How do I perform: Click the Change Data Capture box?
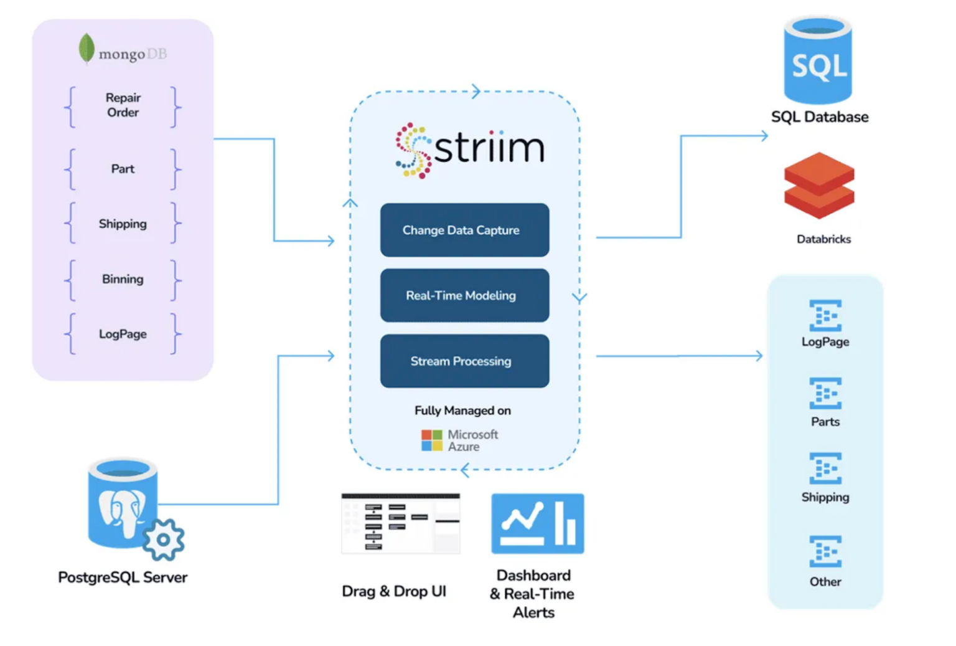click(464, 230)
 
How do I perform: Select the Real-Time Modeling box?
click(464, 295)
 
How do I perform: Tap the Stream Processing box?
click(464, 361)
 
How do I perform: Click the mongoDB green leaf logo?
click(87, 49)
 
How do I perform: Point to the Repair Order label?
click(123, 105)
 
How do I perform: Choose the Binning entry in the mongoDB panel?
click(123, 279)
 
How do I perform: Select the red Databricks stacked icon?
click(819, 186)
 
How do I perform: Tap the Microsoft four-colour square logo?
click(431, 440)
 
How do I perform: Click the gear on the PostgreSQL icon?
click(163, 539)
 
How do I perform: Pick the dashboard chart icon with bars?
click(538, 523)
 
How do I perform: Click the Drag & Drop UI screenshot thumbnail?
click(401, 523)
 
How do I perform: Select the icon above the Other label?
click(825, 551)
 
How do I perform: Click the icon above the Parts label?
click(825, 393)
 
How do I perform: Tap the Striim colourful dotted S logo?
click(413, 150)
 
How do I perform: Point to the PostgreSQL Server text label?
click(123, 577)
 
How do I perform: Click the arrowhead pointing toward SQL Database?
click(764, 136)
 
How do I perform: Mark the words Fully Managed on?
click(462, 411)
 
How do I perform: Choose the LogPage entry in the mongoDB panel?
click(123, 334)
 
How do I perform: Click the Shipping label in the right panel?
click(825, 497)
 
